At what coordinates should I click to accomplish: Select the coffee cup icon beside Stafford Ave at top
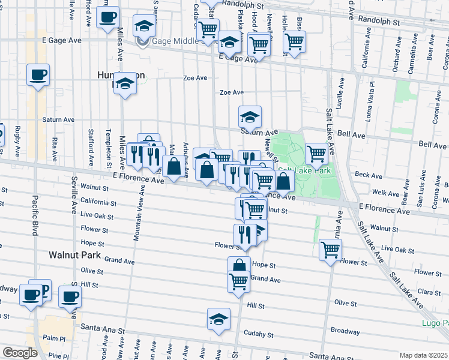pyautogui.click(x=107, y=18)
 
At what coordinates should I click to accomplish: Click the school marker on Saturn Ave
pyautogui.click(x=250, y=116)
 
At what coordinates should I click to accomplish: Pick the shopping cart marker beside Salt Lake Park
pyautogui.click(x=316, y=153)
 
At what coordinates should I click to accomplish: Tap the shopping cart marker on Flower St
pyautogui.click(x=330, y=250)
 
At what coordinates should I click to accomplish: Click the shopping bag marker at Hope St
pyautogui.click(x=239, y=266)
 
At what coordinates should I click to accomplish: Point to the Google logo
pyautogui.click(x=19, y=353)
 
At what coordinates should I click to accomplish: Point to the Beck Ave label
pyautogui.click(x=364, y=174)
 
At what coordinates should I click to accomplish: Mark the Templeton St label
pyautogui.click(x=109, y=148)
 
